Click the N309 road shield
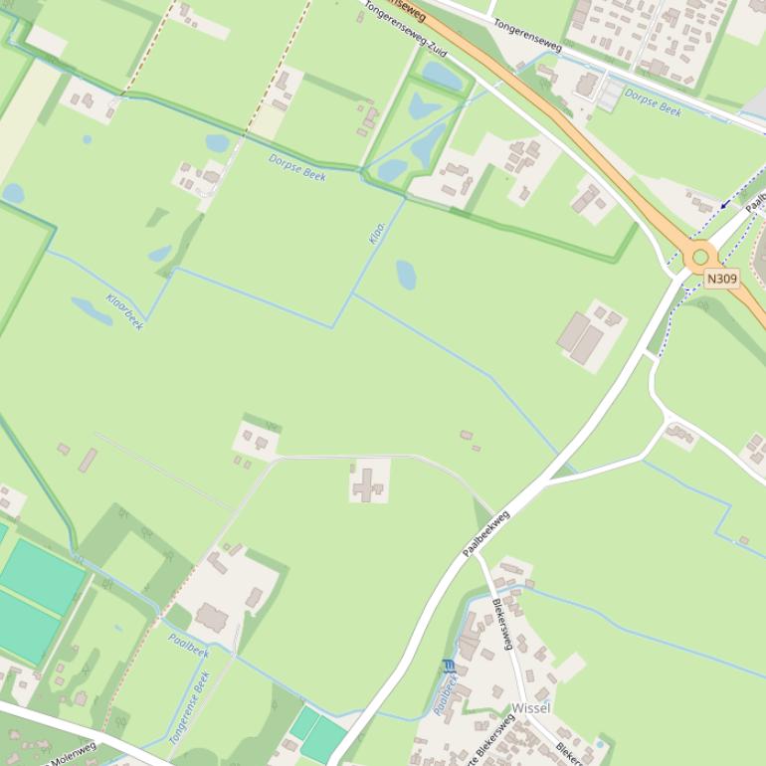[722, 279]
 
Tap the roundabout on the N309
[700, 256]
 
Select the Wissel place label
[531, 708]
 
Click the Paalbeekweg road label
[486, 532]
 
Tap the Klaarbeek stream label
[125, 311]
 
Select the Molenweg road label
[74, 753]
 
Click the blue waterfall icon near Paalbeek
[448, 666]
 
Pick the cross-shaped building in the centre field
[368, 484]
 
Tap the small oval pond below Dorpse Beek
[406, 275]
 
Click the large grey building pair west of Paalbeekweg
[581, 337]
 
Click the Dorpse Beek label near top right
[654, 102]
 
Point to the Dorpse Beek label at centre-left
[297, 166]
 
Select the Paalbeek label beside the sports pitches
[188, 646]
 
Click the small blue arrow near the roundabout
[725, 203]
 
